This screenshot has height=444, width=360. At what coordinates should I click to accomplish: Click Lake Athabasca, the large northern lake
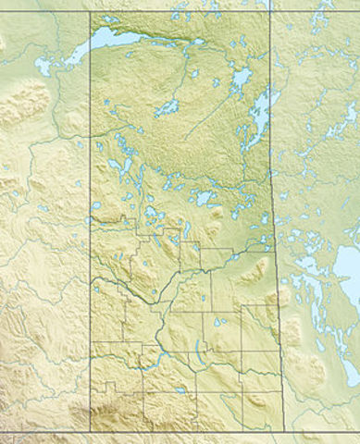116,39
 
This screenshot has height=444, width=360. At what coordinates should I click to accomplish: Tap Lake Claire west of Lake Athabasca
43,66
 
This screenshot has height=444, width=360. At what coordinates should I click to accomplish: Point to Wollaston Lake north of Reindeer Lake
242,78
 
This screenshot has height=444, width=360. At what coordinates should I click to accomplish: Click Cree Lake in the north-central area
168,108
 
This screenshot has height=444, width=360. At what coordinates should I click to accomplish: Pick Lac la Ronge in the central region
205,198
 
